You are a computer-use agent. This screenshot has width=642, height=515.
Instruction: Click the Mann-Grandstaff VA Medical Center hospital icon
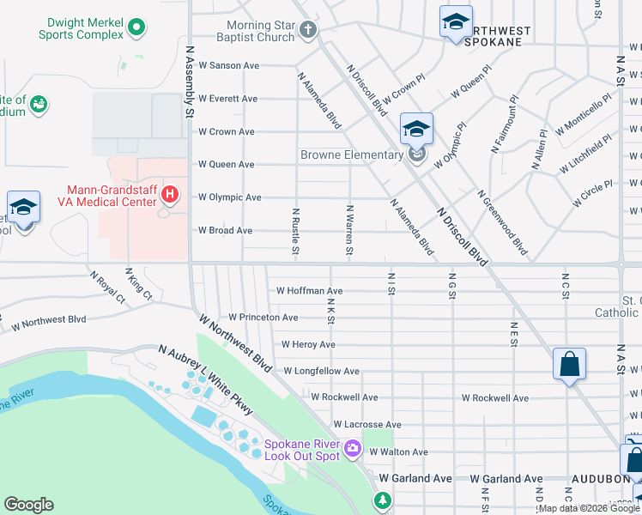[x=170, y=195]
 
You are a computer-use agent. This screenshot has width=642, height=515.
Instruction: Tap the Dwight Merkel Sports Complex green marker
[x=135, y=28]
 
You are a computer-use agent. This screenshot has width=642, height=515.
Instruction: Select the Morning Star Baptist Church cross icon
[x=308, y=31]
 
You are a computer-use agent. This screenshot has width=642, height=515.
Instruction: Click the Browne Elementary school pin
[x=416, y=131]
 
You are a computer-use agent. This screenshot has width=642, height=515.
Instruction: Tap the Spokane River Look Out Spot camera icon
[x=352, y=448]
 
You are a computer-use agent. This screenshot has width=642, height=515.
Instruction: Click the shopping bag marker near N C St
[x=569, y=365]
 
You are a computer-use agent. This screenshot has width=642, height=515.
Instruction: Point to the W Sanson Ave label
[x=228, y=65]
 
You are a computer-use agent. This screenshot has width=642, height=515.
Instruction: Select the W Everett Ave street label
[x=227, y=99]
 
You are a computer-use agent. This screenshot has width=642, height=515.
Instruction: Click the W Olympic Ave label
[x=229, y=197]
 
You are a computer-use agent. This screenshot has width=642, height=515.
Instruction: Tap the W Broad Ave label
[x=225, y=231]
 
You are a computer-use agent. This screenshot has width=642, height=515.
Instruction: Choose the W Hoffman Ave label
[x=309, y=291]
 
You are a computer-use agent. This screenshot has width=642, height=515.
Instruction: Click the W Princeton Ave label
[x=263, y=318]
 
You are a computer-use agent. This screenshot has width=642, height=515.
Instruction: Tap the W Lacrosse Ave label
[x=366, y=425]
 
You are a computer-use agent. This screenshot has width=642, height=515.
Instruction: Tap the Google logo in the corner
[x=28, y=505]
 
